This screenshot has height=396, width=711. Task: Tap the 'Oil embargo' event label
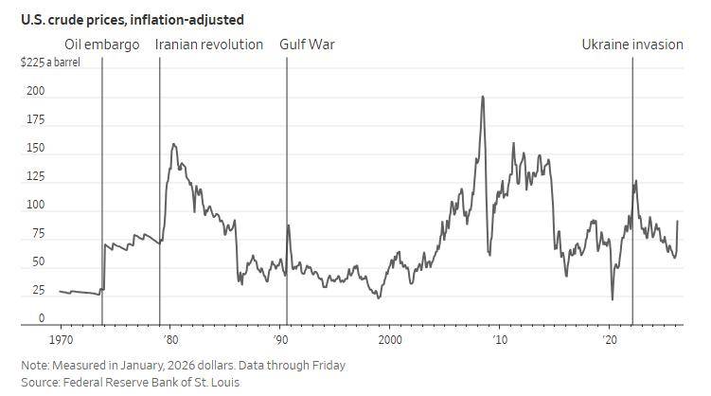[101, 45]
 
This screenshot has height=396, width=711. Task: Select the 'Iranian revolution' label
[208, 45]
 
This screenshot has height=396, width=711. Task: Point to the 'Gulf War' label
[307, 45]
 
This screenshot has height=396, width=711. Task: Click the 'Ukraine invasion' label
[631, 45]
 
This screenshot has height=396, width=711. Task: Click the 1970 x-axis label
[61, 339]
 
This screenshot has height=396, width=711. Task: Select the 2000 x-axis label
[390, 339]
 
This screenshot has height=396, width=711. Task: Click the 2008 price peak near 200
[483, 97]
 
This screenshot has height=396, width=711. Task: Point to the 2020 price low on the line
[612, 299]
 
